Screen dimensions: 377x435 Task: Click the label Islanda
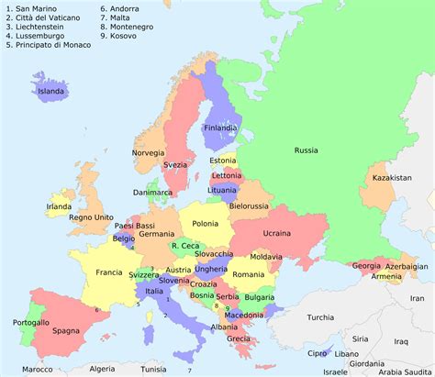pyautogui.click(x=51, y=91)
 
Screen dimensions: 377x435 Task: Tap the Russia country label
pyautogui.click(x=306, y=150)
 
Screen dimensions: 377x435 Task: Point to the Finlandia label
pyautogui.click(x=221, y=128)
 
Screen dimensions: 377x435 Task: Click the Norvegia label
pyautogui.click(x=148, y=152)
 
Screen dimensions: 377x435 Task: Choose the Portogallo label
pyautogui.click(x=31, y=322)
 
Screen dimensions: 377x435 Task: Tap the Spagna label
pyautogui.click(x=65, y=330)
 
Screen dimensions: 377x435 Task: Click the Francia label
pyautogui.click(x=109, y=272)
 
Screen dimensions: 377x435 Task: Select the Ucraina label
pyautogui.click(x=276, y=233)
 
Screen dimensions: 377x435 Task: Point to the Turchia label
pyautogui.click(x=320, y=317)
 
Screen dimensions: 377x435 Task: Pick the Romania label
pyautogui.click(x=248, y=274)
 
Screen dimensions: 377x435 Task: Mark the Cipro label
pyautogui.click(x=317, y=353)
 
